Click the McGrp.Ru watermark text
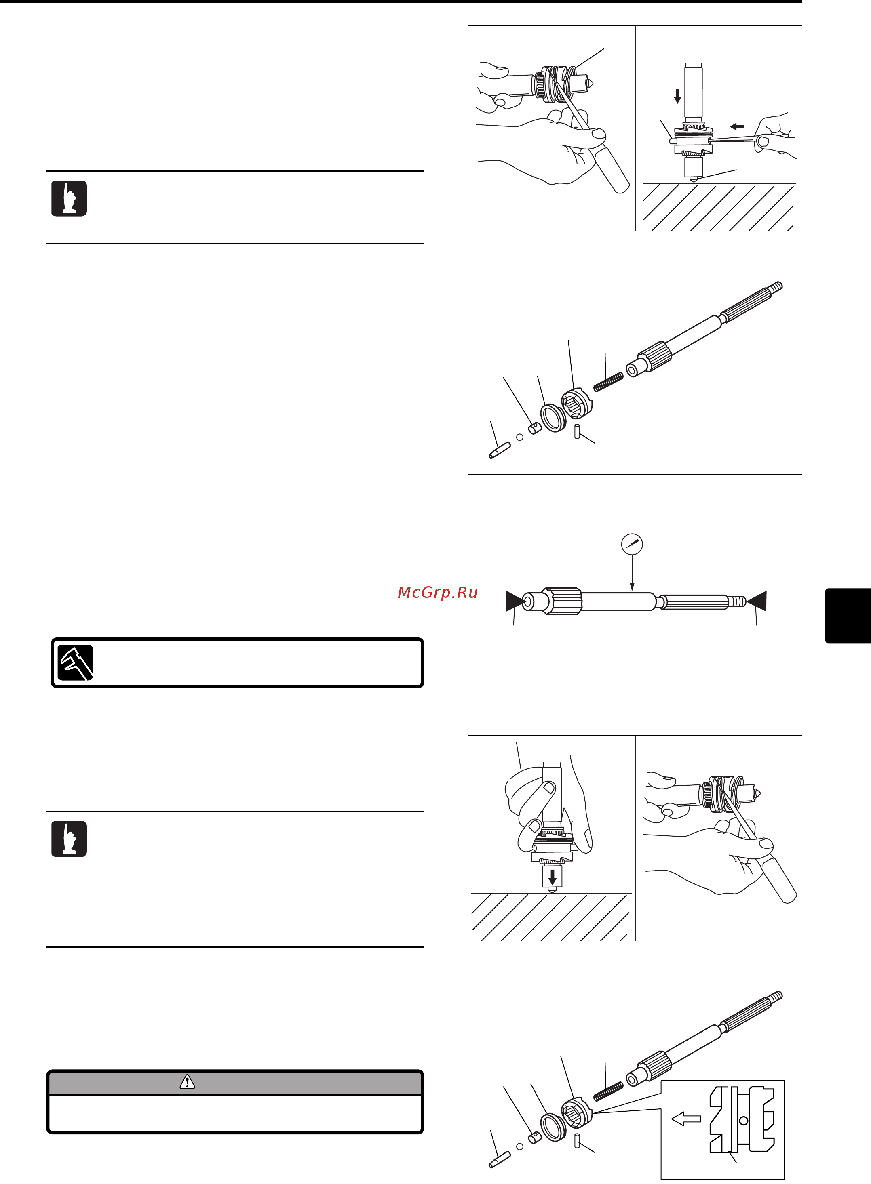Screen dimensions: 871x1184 pos(438,592)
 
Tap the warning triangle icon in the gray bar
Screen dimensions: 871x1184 pos(187,1082)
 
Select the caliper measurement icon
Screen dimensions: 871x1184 pos(76,662)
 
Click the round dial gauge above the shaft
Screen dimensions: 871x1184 pos(632,544)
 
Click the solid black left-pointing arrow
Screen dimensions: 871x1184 pos(737,126)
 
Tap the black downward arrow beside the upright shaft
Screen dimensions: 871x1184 pos(677,96)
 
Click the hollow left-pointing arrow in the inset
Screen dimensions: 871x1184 pos(686,1119)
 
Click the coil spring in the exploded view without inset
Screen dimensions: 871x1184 pos(608,382)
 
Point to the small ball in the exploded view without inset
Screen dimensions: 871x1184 pos(520,437)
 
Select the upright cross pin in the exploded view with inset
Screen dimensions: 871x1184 pos(577,1140)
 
